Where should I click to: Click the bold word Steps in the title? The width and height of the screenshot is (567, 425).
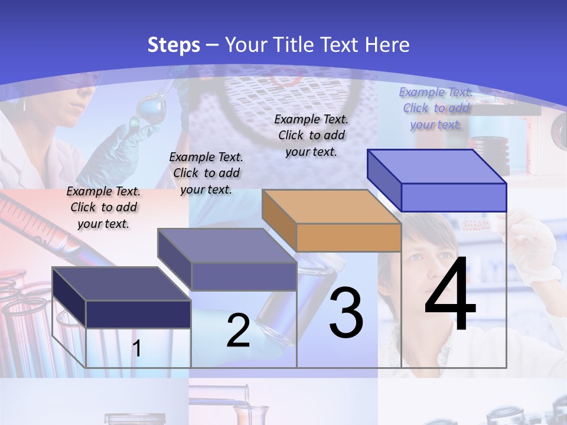point(174,45)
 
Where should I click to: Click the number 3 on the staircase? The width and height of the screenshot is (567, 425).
point(346,313)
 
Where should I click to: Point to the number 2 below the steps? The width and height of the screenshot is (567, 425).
point(238,331)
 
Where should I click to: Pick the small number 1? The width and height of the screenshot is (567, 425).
point(136,349)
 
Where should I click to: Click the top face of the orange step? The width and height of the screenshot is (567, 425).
point(331,207)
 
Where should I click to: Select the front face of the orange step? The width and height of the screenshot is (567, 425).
point(348,238)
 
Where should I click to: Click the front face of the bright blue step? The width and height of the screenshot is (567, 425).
point(454,197)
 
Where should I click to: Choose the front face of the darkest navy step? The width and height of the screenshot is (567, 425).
point(138,314)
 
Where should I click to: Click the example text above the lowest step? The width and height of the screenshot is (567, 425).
point(103,208)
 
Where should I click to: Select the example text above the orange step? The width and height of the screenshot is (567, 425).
point(311,135)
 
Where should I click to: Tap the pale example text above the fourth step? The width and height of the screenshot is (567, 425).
point(436,108)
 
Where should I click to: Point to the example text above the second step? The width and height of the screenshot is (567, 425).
point(206,173)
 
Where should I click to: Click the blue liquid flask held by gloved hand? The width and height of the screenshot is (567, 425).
point(148,112)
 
